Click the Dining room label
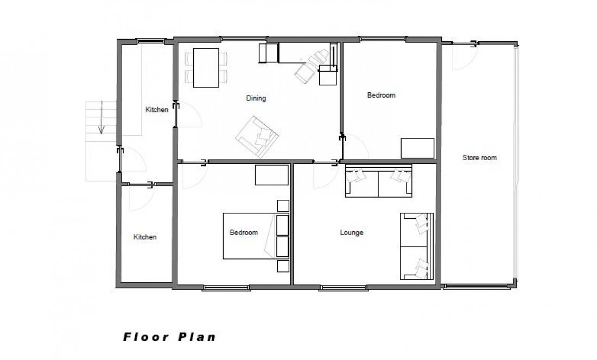point(256,98)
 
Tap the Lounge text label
point(351,233)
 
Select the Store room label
point(479,158)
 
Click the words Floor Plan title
point(169,337)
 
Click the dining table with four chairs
point(206,67)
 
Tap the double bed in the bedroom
point(250,236)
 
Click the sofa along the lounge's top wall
point(378,183)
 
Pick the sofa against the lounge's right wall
point(417,246)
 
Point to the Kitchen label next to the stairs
point(157,110)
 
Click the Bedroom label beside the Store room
point(381,95)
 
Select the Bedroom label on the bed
point(244,232)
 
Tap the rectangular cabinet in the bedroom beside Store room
point(417,148)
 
